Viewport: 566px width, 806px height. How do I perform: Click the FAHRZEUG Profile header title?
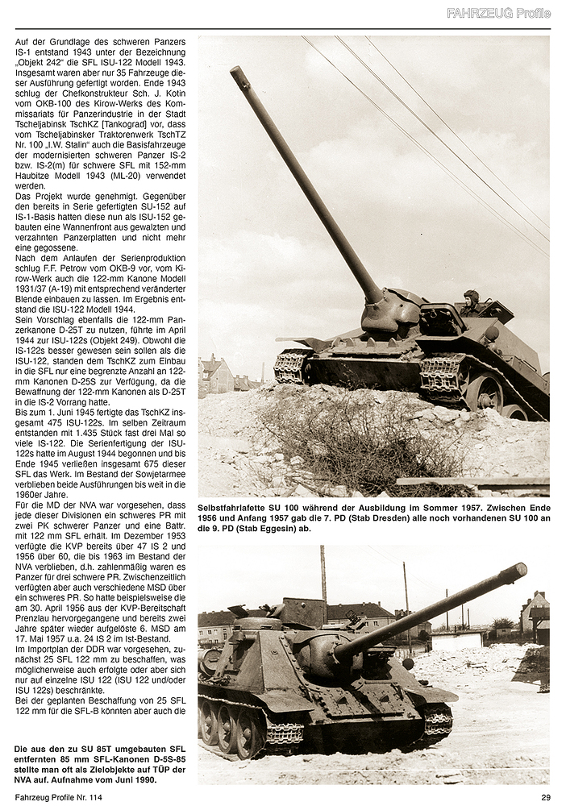(499, 13)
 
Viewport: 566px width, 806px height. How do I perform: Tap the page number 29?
(545, 797)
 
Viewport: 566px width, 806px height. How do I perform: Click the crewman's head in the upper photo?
(471, 297)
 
